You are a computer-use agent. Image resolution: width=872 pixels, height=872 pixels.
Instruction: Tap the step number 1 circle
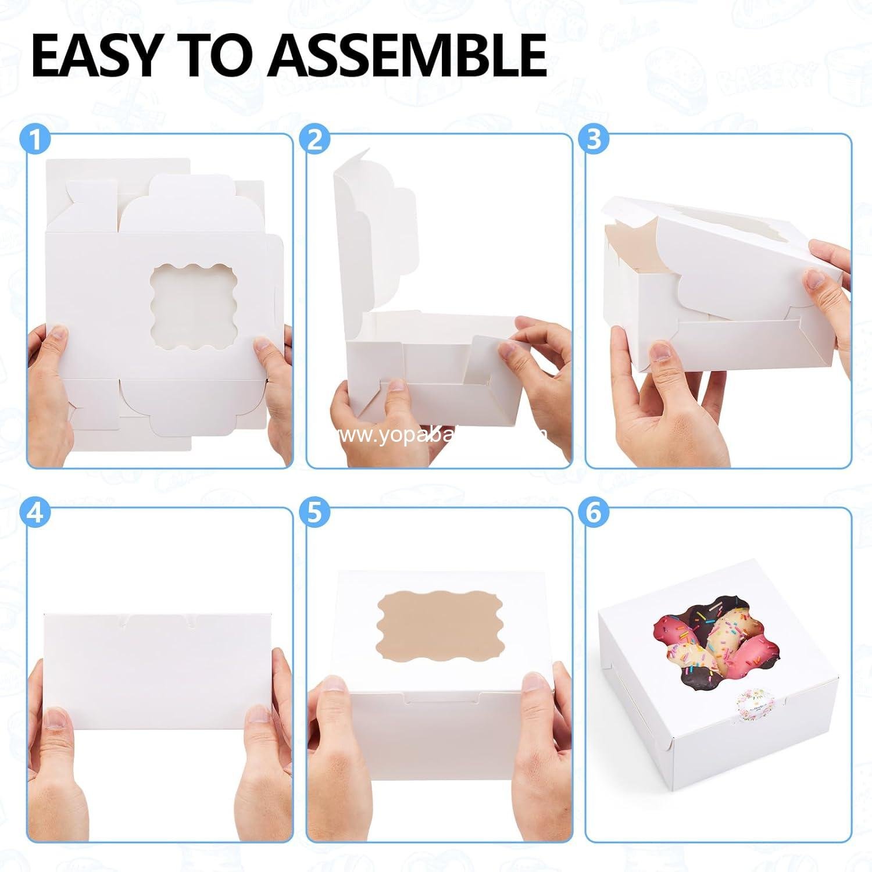35,140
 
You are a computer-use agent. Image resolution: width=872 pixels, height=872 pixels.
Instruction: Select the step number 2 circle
315,140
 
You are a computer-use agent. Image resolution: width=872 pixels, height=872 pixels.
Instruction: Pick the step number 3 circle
594,140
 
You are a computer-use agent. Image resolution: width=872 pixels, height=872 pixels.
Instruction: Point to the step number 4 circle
35,513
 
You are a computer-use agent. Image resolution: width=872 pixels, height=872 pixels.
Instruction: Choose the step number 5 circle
315,513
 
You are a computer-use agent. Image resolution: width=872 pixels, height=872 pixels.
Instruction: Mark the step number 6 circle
594,513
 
